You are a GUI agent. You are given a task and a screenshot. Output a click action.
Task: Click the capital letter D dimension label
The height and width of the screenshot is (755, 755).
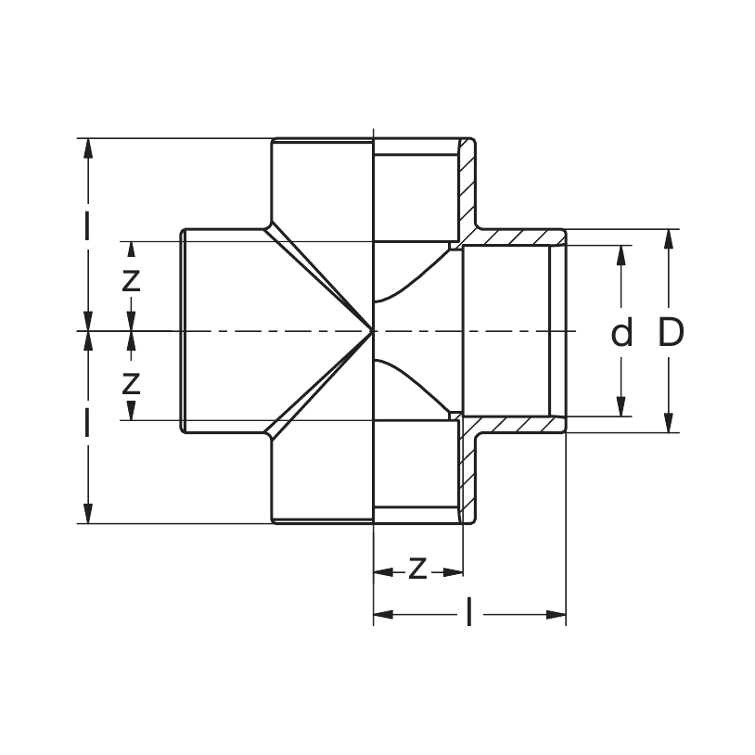[x=671, y=332]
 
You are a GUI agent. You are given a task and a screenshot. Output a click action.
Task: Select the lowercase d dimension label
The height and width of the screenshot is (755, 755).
[x=621, y=332]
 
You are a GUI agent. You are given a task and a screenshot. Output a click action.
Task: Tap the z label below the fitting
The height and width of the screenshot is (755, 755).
[x=417, y=568]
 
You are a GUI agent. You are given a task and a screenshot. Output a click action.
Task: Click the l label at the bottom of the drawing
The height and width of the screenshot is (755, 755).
[x=469, y=613]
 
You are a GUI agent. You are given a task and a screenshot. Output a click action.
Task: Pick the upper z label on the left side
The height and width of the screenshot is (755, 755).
[x=131, y=280]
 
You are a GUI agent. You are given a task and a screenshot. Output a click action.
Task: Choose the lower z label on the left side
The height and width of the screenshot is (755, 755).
[x=131, y=381]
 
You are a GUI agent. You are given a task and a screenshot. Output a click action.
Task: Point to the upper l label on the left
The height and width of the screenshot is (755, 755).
[x=88, y=225]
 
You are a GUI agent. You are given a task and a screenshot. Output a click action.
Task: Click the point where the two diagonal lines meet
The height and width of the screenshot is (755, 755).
[x=371, y=331]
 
